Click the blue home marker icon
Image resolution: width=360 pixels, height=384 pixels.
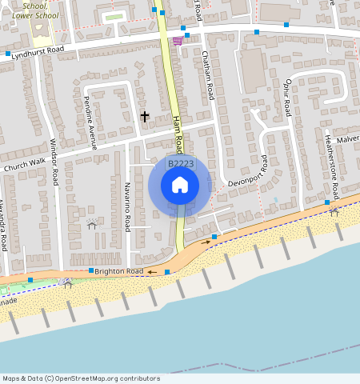tap(180, 186)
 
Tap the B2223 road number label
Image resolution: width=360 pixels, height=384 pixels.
tap(179, 164)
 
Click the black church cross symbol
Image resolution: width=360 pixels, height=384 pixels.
tap(145, 117)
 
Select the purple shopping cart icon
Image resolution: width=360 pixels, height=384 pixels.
tap(177, 41)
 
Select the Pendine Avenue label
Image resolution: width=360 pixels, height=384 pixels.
tap(93, 126)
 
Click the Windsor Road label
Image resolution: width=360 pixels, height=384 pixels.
tap(54, 160)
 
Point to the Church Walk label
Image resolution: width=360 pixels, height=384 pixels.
tap(25, 165)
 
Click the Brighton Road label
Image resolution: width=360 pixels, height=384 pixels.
tap(118, 271)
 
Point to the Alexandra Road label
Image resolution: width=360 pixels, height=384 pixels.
tap(4, 225)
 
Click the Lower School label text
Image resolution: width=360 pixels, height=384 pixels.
tap(34, 15)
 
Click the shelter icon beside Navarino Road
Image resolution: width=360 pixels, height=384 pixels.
tap(92, 224)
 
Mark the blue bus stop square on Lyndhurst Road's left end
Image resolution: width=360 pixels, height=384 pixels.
tap(8, 54)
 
